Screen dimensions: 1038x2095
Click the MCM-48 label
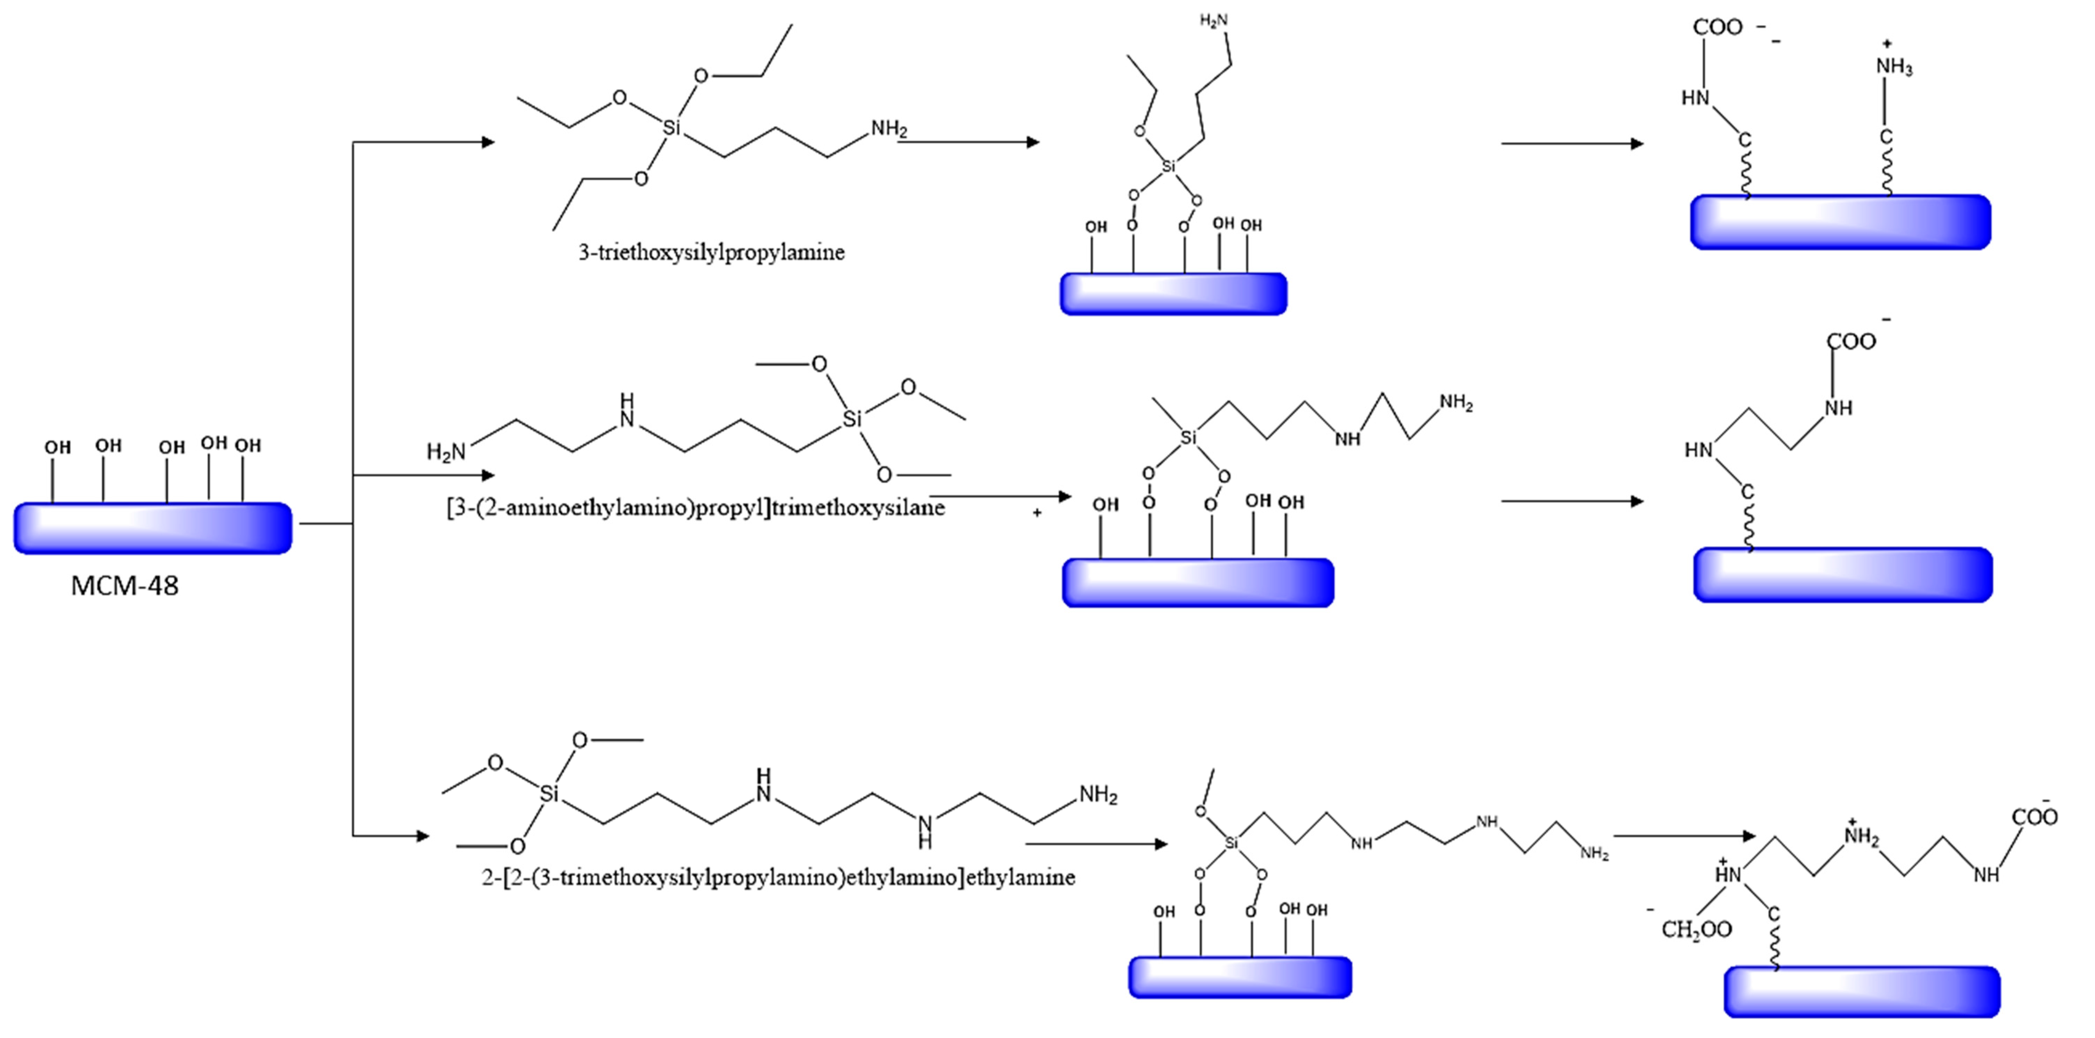point(125,586)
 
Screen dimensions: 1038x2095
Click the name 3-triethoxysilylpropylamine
point(711,252)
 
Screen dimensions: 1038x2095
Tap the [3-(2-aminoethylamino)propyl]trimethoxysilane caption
point(695,508)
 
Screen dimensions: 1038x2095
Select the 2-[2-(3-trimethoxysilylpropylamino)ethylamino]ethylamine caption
point(778,877)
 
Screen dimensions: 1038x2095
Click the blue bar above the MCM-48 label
point(152,529)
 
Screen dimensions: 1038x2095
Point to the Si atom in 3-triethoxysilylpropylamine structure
point(671,127)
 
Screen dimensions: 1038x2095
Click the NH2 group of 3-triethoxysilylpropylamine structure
point(889,128)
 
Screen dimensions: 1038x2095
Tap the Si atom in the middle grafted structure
point(1188,438)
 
